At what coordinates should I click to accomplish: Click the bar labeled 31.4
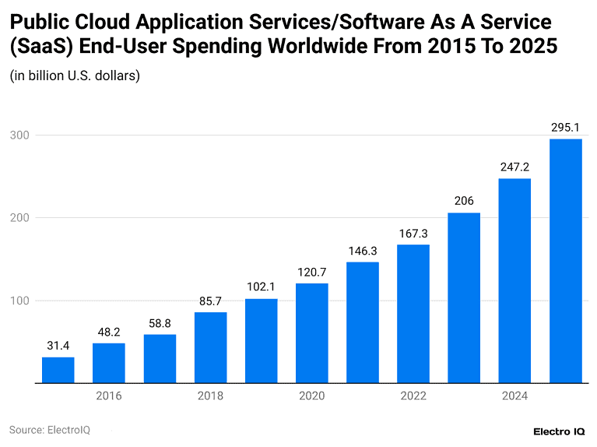click(x=58, y=370)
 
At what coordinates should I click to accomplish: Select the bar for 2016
click(x=108, y=363)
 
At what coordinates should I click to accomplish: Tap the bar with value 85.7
click(x=210, y=347)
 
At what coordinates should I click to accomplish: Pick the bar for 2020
click(x=311, y=333)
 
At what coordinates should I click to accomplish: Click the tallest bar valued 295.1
click(x=566, y=261)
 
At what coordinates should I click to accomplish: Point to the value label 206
click(x=464, y=200)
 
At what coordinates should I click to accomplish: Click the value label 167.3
click(x=413, y=233)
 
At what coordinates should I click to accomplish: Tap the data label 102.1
click(x=261, y=286)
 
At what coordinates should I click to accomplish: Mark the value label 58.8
click(x=160, y=322)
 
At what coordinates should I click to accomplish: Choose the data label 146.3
click(x=363, y=250)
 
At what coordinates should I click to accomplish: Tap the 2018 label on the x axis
click(x=210, y=396)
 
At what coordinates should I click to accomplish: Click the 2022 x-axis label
click(x=413, y=396)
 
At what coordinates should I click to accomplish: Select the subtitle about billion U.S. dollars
click(x=75, y=76)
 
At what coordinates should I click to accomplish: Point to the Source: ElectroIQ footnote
click(x=50, y=430)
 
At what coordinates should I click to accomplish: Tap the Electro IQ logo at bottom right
click(x=559, y=431)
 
